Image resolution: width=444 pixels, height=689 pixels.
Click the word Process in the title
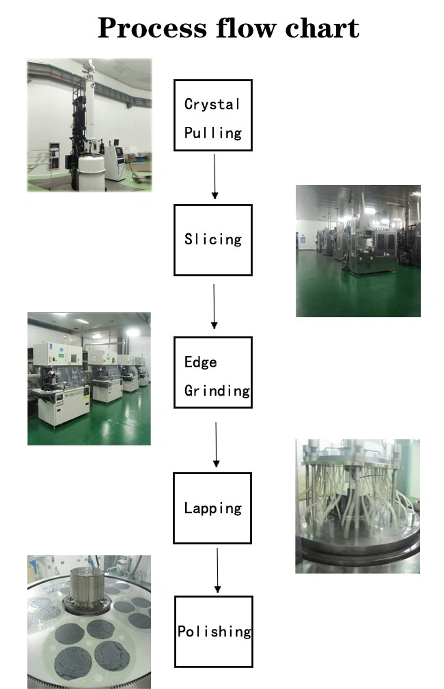(x=152, y=29)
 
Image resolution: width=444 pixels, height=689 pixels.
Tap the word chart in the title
(x=322, y=28)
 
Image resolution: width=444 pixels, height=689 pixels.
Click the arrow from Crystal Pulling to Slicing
(x=214, y=177)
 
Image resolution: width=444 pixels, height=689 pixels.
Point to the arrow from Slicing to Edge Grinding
(x=214, y=306)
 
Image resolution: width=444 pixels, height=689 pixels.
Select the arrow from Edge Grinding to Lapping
(x=216, y=445)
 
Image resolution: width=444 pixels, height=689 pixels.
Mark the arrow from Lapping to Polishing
(x=217, y=570)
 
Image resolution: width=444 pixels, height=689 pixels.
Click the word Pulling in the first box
(x=213, y=133)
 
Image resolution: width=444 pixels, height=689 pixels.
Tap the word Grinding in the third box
(x=217, y=391)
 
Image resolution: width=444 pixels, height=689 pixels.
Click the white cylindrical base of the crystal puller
(x=92, y=173)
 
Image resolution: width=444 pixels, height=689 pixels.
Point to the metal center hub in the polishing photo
(x=87, y=588)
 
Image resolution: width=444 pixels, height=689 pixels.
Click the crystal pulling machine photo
(x=89, y=125)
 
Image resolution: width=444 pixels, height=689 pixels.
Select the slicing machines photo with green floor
(x=358, y=251)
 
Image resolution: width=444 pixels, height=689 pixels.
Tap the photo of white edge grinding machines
(x=89, y=379)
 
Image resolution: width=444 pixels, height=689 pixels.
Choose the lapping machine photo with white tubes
(x=357, y=506)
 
